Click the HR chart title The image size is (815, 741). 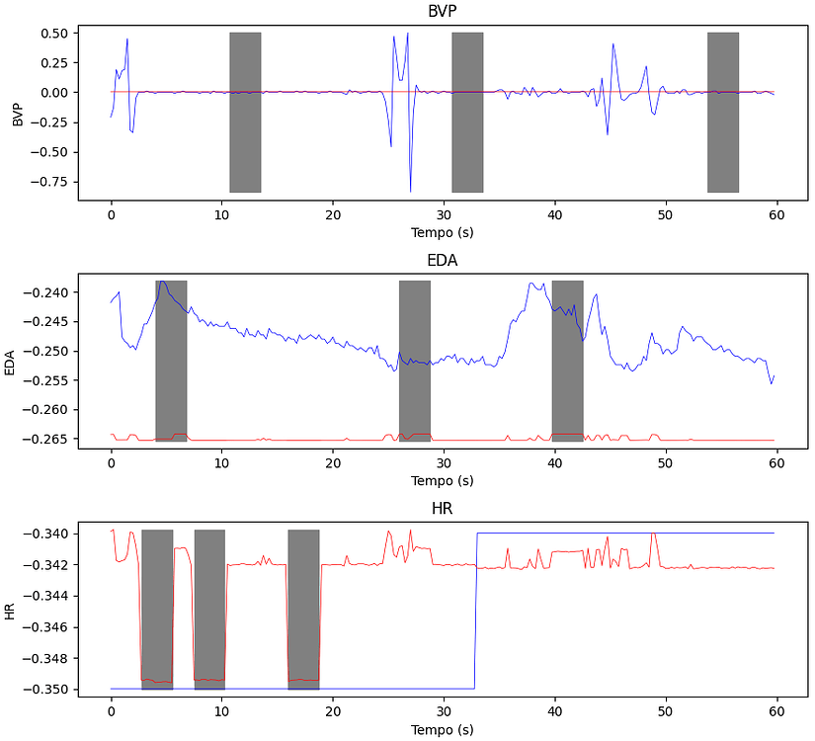click(443, 509)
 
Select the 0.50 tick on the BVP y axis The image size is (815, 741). click(52, 33)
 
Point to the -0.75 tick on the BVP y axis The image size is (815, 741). click(48, 182)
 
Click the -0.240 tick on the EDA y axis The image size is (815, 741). click(45, 292)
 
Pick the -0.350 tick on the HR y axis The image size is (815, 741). click(45, 689)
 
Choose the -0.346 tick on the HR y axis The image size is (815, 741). click(45, 626)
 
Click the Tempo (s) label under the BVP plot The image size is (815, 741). click(443, 232)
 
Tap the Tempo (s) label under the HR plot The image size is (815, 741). click(443, 730)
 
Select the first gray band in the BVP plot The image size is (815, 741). click(245, 112)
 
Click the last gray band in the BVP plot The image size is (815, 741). click(723, 112)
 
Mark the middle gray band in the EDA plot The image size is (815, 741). click(415, 361)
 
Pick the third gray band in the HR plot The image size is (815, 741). click(303, 610)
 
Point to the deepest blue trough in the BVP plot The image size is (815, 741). click(410, 190)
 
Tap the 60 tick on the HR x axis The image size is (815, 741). click(775, 708)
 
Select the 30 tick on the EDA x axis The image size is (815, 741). click(444, 459)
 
